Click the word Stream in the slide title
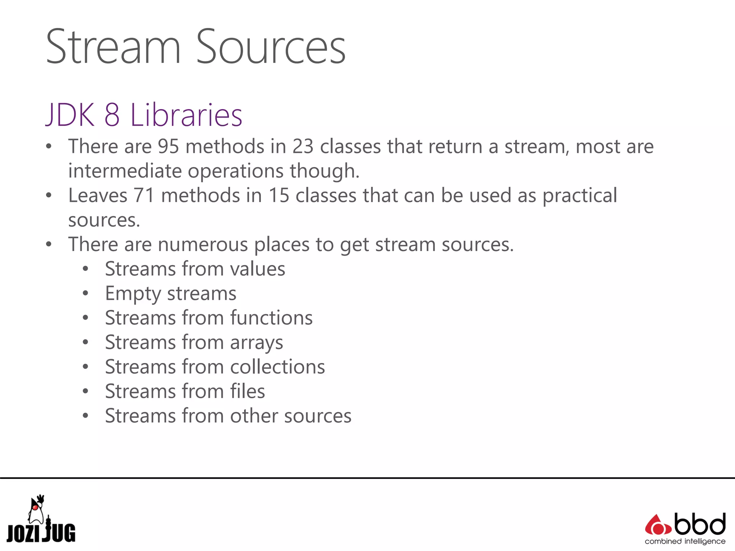[113, 47]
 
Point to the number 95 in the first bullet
[168, 147]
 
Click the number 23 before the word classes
[303, 147]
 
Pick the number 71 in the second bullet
[144, 196]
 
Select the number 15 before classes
[279, 196]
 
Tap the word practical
[579, 196]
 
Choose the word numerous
[203, 245]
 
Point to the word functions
[271, 318]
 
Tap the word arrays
[256, 343]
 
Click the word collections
[277, 367]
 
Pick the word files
[248, 391]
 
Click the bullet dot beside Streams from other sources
[85, 416]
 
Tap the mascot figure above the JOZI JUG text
[36, 509]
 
